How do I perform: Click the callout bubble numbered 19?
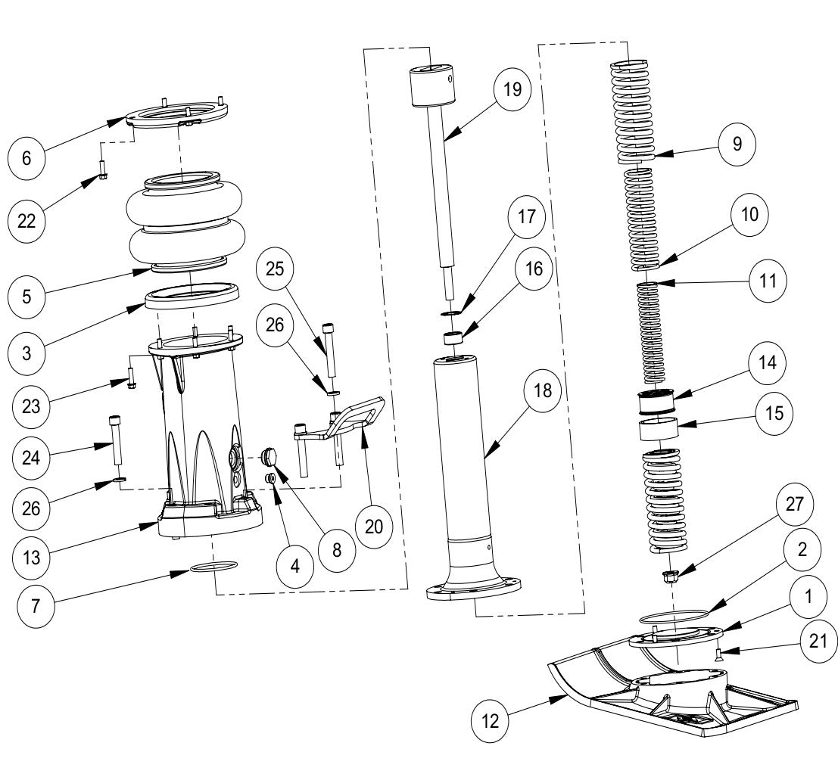[512, 89]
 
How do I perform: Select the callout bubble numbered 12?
[492, 720]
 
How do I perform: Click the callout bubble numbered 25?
[276, 269]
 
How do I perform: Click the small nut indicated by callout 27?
[668, 578]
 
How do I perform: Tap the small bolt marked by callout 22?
[103, 168]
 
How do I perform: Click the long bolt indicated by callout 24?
[116, 443]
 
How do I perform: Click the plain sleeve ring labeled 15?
[659, 432]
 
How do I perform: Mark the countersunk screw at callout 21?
[718, 651]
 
